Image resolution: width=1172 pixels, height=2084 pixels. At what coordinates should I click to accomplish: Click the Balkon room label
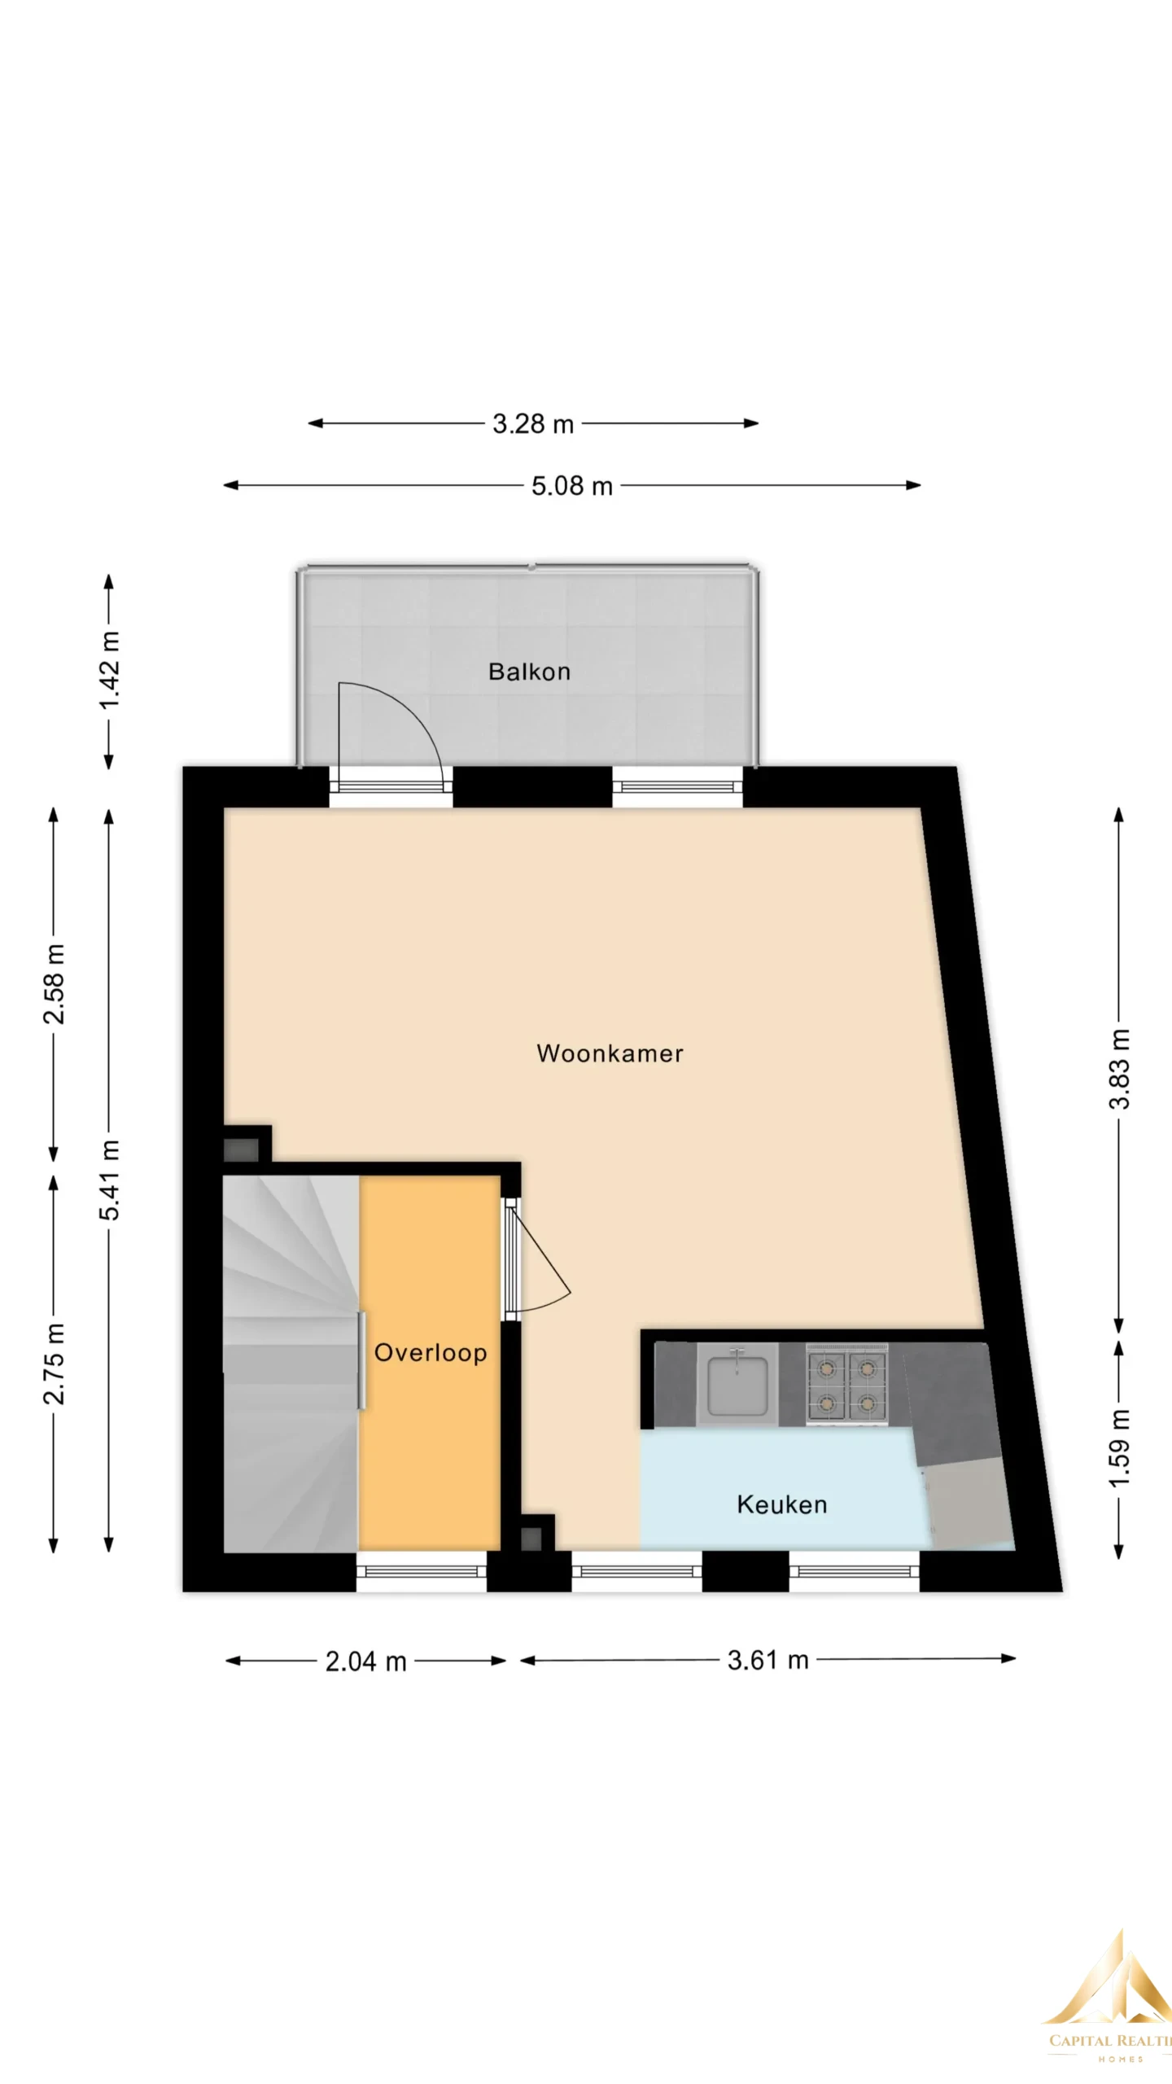tap(529, 672)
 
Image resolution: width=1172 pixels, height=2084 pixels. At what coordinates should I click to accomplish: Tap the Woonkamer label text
tap(610, 1053)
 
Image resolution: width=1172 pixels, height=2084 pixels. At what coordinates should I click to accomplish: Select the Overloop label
tap(431, 1353)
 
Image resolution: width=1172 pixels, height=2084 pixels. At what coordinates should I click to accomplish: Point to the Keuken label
tap(782, 1504)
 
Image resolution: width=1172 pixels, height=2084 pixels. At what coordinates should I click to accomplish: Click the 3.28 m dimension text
tap(533, 424)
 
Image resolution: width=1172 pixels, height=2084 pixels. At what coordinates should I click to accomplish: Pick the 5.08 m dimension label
tap(572, 486)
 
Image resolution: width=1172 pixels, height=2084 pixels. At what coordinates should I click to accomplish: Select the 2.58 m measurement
tap(55, 983)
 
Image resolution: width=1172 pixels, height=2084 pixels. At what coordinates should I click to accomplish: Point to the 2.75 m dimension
tap(55, 1364)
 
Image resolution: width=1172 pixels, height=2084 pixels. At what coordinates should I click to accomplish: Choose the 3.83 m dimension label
tap(1120, 1069)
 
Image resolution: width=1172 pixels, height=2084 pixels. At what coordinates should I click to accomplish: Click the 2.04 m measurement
tap(366, 1662)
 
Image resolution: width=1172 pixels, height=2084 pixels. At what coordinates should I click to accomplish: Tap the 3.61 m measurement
tap(768, 1660)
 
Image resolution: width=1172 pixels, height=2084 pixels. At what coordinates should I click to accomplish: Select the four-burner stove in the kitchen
tap(846, 1384)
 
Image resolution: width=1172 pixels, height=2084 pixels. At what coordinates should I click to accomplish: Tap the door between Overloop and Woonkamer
tap(537, 1261)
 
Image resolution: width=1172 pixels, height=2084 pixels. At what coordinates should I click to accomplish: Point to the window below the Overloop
tap(422, 1570)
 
